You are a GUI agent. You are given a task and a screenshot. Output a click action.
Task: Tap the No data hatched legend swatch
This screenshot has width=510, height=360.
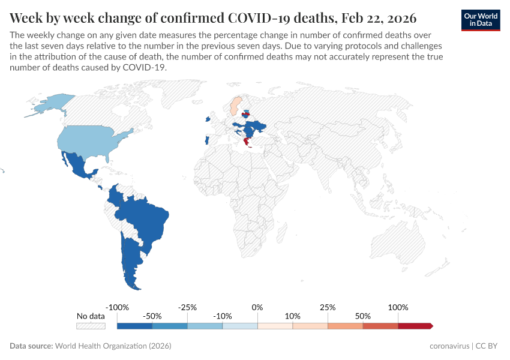(91, 326)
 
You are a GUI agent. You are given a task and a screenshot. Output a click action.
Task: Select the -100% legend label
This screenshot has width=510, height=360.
(117, 307)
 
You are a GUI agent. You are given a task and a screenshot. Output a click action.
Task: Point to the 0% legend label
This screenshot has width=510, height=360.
(257, 307)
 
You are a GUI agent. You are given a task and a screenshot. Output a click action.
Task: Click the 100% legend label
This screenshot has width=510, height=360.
(398, 307)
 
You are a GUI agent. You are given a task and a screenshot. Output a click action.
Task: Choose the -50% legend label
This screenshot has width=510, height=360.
(152, 316)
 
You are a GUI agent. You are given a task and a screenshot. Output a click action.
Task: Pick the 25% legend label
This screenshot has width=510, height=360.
(328, 307)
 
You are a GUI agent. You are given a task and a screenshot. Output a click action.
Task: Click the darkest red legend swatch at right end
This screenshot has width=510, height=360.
(414, 326)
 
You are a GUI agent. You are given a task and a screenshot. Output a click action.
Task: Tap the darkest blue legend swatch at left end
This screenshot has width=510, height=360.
(134, 326)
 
